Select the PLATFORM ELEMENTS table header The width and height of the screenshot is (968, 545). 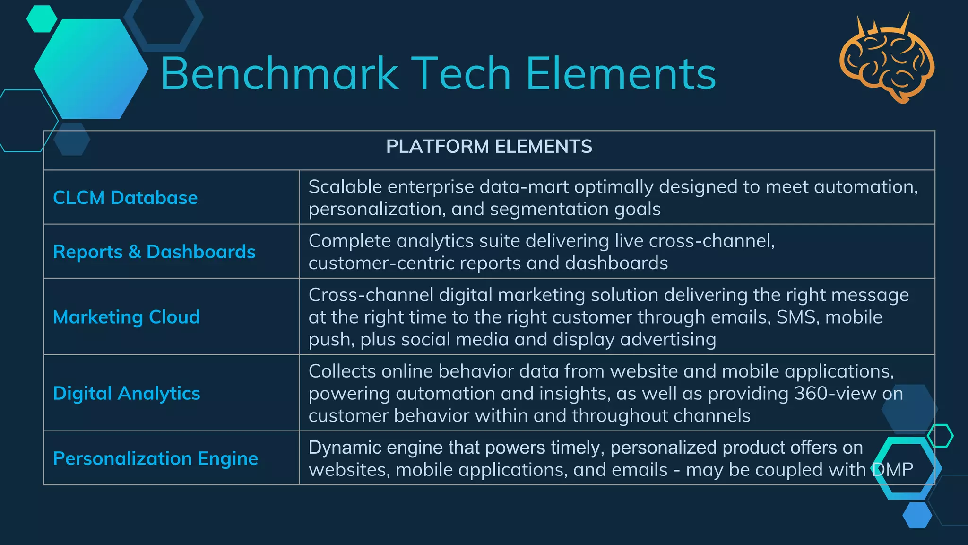pyautogui.click(x=489, y=147)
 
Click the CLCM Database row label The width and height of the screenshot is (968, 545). pyautogui.click(x=125, y=198)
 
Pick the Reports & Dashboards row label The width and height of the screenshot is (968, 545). pyautogui.click(x=154, y=252)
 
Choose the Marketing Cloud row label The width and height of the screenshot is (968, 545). pyautogui.click(x=127, y=317)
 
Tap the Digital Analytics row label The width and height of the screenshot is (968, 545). pyautogui.click(x=127, y=394)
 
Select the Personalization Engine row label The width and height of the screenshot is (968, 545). pyautogui.click(x=156, y=458)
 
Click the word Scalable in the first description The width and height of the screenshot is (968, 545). pyautogui.click(x=345, y=187)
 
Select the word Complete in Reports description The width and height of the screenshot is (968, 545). pyautogui.click(x=350, y=241)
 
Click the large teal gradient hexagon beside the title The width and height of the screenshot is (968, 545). pyautogui.click(x=91, y=69)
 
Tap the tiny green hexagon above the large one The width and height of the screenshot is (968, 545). pyautogui.click(x=42, y=18)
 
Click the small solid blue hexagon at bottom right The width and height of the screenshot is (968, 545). pyautogui.click(x=917, y=515)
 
